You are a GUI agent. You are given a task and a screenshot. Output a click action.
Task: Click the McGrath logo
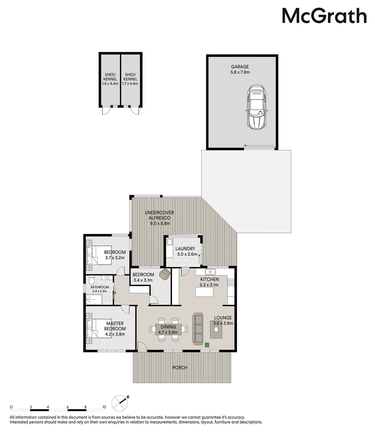tap(324, 16)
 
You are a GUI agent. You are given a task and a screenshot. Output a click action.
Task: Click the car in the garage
tap(257, 107)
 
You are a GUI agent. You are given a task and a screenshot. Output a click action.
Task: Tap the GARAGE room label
tap(240, 66)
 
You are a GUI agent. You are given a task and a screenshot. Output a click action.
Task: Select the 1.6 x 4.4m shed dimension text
tap(110, 83)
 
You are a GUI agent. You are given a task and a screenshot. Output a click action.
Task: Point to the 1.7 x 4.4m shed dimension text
tap(130, 83)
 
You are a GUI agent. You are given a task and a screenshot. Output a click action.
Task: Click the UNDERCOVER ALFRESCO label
tap(159, 215)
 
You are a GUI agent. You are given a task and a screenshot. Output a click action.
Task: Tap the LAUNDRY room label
tap(185, 249)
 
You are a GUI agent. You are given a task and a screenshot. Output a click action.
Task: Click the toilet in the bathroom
tap(91, 280)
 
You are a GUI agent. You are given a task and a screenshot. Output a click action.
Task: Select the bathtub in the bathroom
tap(94, 300)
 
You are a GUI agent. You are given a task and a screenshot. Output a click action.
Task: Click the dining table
tap(168, 329)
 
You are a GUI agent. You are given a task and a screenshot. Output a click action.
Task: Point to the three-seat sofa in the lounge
tap(198, 329)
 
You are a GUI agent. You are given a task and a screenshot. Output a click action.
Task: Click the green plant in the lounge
tap(207, 345)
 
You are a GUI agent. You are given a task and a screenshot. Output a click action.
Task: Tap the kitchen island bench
tap(204, 292)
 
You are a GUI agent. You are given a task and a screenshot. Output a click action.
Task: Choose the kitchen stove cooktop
tap(231, 283)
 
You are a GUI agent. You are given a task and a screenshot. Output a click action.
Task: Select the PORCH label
tap(180, 368)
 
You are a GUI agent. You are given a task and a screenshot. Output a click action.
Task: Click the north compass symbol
tap(120, 403)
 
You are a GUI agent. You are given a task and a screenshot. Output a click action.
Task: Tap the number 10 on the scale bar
tap(104, 407)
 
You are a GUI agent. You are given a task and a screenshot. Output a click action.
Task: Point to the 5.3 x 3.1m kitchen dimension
tap(209, 285)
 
